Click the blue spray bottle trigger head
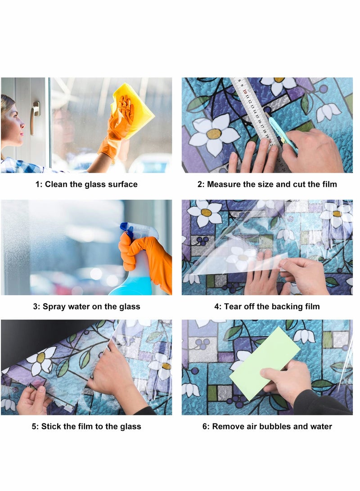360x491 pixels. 127,229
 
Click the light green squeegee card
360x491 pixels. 265,363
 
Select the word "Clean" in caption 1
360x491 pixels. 56,184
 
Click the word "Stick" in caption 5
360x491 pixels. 51,426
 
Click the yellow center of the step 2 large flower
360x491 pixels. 214,134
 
